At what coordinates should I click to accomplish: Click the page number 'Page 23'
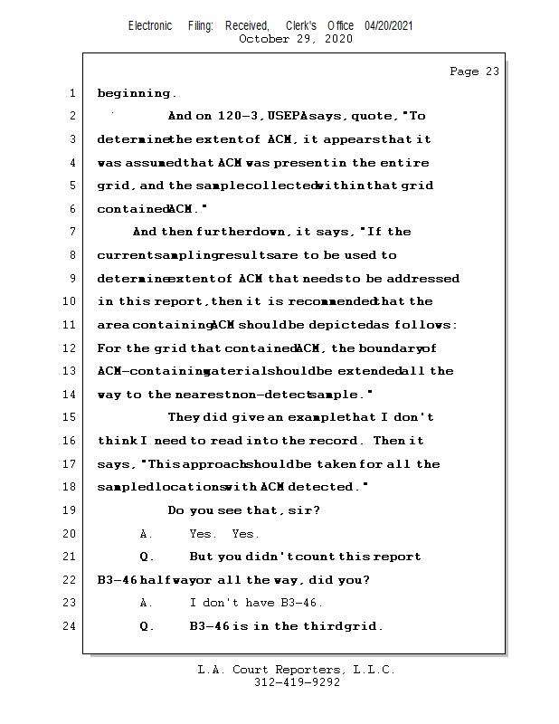click(x=474, y=71)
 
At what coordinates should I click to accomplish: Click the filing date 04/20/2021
click(x=389, y=25)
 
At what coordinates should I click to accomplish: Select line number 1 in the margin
click(x=71, y=93)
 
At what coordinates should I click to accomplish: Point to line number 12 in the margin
click(x=69, y=348)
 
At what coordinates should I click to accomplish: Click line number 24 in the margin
click(x=69, y=625)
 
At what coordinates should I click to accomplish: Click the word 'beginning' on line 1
click(x=133, y=93)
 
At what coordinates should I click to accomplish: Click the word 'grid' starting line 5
click(x=113, y=186)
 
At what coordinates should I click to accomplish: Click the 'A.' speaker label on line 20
click(x=147, y=534)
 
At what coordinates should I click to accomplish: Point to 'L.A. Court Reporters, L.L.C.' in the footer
click(x=296, y=670)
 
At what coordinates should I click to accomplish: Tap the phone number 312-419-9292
click(x=297, y=682)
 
